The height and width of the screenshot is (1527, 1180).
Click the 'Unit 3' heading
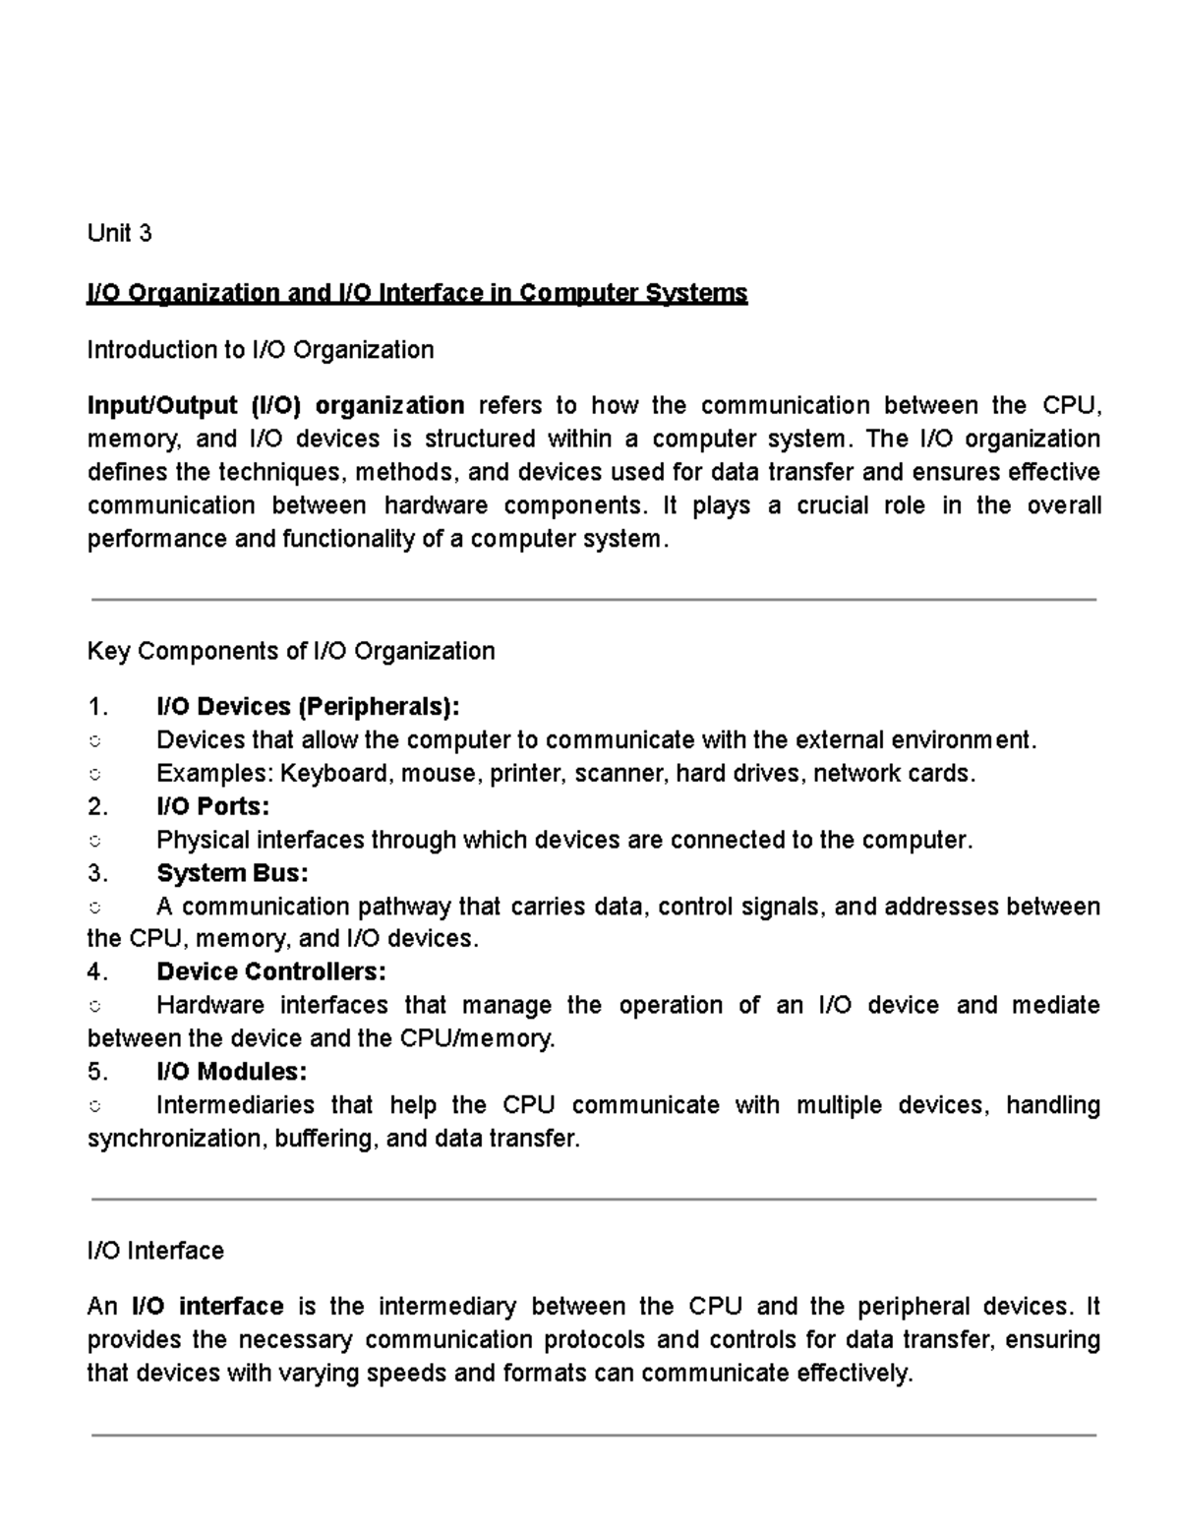coord(119,233)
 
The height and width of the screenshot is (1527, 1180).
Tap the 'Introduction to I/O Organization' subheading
coord(260,350)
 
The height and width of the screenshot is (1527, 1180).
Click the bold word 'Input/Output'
coord(162,405)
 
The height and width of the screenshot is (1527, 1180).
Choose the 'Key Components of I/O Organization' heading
coord(291,651)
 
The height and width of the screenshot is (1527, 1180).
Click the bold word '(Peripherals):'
coord(379,707)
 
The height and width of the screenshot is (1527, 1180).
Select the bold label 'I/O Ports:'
coord(212,807)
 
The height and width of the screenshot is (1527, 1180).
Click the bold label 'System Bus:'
coord(232,873)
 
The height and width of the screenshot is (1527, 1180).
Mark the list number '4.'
coord(96,972)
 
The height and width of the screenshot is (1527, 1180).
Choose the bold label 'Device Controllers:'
coord(271,972)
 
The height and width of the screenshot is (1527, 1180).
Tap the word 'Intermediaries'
coord(235,1105)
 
